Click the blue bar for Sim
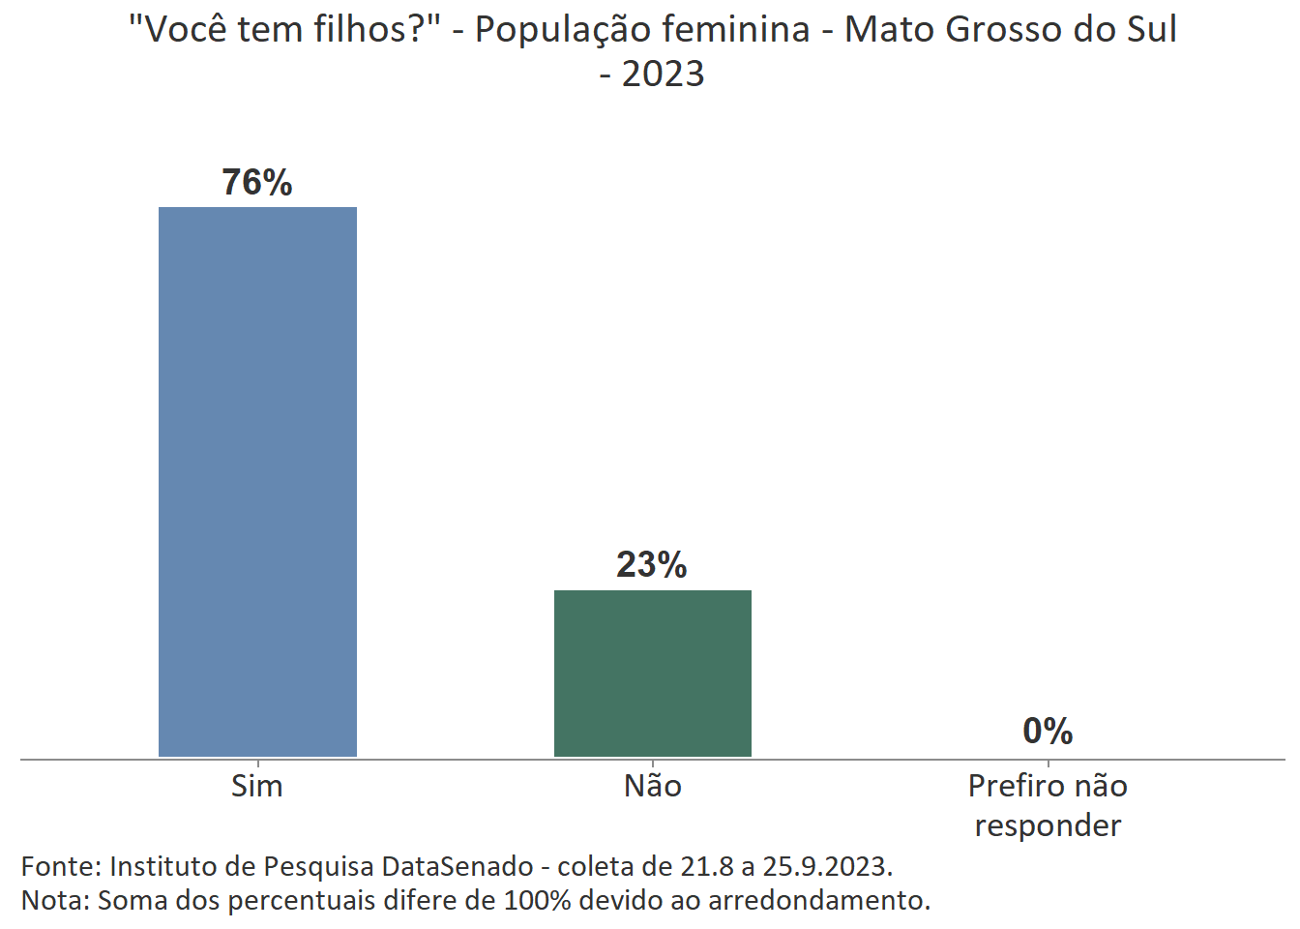coord(257,481)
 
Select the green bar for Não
coord(653,673)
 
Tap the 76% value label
coord(257,182)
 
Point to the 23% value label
coord(652,564)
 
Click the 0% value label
coord(1048,731)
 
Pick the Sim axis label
coord(257,786)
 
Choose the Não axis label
coord(653,786)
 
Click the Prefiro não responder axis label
coord(1048,805)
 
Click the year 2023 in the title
coord(663,74)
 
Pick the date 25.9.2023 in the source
coord(827,866)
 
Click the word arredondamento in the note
coord(818,900)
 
